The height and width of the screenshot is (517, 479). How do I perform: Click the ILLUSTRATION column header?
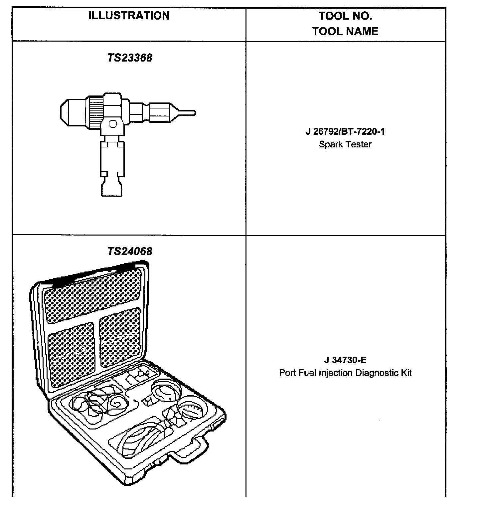coord(129,16)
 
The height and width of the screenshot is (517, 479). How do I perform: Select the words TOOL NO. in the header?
coord(345,16)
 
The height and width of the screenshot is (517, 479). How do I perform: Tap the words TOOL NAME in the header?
coord(345,32)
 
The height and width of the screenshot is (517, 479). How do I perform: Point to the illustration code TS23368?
coord(130,58)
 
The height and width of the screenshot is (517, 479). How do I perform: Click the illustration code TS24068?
coord(130,251)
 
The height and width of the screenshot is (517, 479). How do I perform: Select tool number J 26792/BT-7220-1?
coord(345,132)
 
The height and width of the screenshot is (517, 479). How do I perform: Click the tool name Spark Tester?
coord(345,144)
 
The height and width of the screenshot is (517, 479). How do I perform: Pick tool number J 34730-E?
coord(345,360)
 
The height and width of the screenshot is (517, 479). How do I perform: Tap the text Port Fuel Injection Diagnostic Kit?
coord(345,373)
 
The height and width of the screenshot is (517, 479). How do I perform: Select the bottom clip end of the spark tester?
coord(112,188)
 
